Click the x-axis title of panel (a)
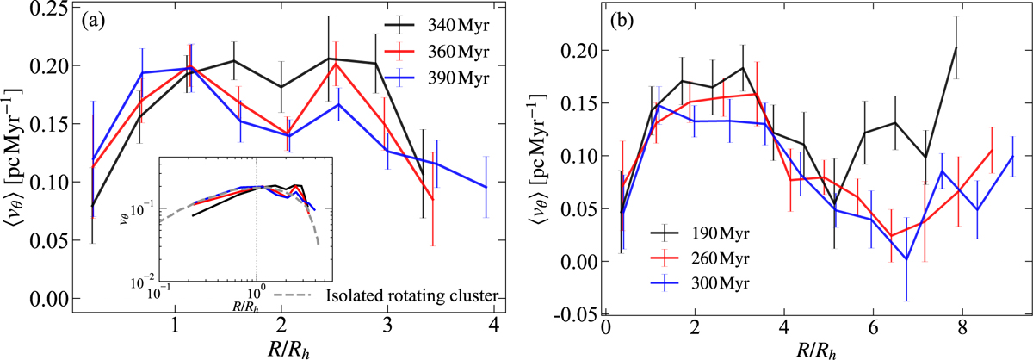click(x=281, y=345)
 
